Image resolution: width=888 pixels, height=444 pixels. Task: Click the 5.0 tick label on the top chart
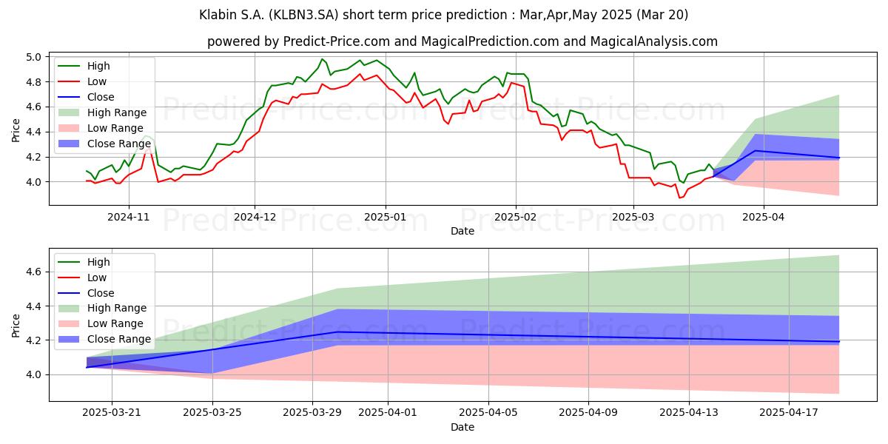(x=33, y=57)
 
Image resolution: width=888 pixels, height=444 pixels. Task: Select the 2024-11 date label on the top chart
(x=129, y=218)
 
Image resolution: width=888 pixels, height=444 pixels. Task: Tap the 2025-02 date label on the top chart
(x=515, y=218)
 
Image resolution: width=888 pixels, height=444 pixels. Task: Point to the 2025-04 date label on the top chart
(x=764, y=218)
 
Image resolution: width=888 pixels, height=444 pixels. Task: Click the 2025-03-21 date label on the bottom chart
(x=112, y=413)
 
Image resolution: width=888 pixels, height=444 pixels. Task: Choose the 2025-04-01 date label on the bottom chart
(x=388, y=413)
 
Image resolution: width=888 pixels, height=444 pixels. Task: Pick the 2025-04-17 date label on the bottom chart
(x=789, y=413)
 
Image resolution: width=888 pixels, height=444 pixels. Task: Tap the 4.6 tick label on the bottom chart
(x=33, y=272)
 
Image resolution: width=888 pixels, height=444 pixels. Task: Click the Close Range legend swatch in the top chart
(x=69, y=144)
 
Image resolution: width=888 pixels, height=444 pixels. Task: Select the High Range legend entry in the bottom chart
(x=102, y=308)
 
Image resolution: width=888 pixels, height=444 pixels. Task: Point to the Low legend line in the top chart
(x=69, y=81)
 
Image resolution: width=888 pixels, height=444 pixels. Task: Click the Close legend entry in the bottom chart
(x=86, y=293)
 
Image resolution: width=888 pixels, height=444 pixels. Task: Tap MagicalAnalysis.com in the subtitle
(x=653, y=41)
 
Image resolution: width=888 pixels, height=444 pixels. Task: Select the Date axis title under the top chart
(x=462, y=231)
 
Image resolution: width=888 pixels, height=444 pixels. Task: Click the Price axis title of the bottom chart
(x=16, y=326)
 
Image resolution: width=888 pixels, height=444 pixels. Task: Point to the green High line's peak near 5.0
(x=322, y=59)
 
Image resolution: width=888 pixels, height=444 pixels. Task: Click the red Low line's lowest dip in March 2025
(x=679, y=198)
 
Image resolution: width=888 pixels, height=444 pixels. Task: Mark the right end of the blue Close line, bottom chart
(x=839, y=341)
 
